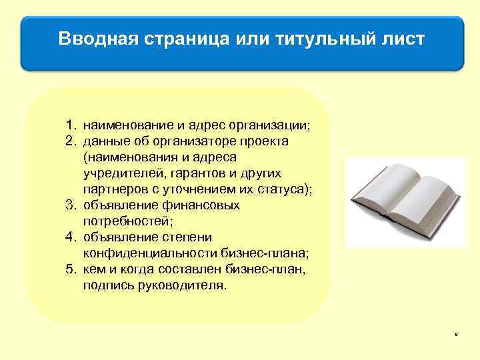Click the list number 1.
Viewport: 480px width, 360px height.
pos(69,125)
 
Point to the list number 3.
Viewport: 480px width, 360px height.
pos(69,205)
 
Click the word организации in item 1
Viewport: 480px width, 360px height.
pos(269,125)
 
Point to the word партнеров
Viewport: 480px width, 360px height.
pos(112,189)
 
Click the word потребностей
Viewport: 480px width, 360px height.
pos(122,221)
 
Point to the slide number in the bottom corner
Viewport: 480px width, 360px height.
pos(456,334)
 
